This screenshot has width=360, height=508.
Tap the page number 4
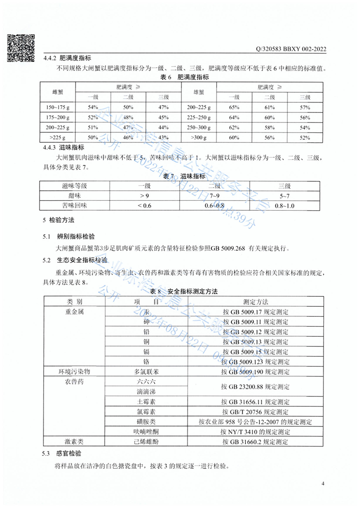click(323, 484)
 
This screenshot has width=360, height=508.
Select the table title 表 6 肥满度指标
click(184, 78)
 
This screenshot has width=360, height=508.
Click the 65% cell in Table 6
click(233, 107)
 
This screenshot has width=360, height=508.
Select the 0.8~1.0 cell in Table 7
click(284, 205)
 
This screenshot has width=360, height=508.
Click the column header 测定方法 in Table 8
click(255, 302)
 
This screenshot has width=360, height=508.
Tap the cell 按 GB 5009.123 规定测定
click(255, 361)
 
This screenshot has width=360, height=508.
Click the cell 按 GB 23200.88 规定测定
click(255, 387)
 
